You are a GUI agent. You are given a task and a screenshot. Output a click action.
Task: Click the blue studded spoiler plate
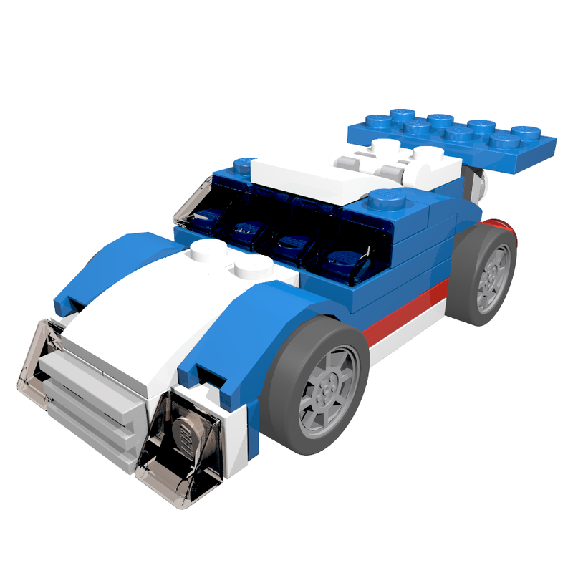[x=451, y=140]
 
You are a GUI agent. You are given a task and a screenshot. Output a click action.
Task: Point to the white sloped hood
[x=136, y=322]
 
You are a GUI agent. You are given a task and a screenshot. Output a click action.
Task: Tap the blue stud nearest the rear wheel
[x=387, y=197]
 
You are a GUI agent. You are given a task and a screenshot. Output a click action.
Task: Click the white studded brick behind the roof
[x=401, y=161]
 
